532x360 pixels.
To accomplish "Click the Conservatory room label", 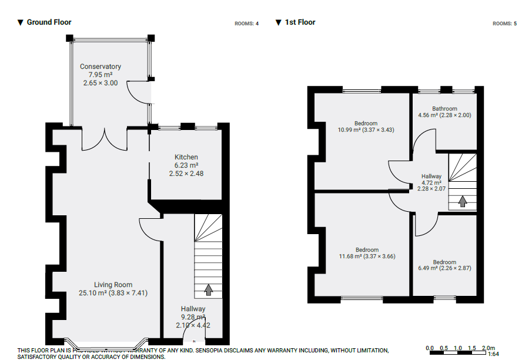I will click(x=101, y=66).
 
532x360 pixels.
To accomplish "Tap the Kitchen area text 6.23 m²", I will click(x=186, y=165).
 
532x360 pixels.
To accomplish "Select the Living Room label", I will click(x=113, y=285).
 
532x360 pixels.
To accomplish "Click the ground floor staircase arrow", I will click(x=208, y=289).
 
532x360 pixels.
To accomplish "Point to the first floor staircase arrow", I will click(x=463, y=202).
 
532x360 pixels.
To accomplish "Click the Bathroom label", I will click(x=444, y=109).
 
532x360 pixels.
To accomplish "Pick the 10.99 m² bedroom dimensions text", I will click(x=366, y=129).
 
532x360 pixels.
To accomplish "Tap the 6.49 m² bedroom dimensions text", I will click(x=444, y=268).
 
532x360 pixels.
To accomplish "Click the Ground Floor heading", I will click(x=49, y=22).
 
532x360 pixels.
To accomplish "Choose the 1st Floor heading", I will click(x=300, y=22).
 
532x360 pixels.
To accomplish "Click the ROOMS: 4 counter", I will click(x=247, y=24).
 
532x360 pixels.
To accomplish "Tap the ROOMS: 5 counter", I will click(x=505, y=24).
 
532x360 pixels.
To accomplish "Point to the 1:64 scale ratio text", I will click(x=493, y=355).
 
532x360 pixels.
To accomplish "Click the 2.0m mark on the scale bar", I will click(x=488, y=348).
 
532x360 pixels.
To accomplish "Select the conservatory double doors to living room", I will click(x=104, y=139).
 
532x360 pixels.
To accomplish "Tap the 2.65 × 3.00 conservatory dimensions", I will click(x=101, y=83).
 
